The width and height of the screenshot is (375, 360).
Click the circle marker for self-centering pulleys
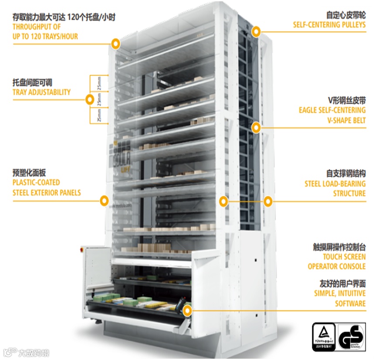click(257, 31)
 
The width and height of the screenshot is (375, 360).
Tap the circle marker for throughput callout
click(115, 43)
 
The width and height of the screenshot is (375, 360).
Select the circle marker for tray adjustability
click(90, 100)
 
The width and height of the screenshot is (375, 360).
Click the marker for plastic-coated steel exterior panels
click(104, 200)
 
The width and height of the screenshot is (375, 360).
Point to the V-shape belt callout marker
click(257, 127)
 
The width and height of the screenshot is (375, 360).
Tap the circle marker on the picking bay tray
click(187, 311)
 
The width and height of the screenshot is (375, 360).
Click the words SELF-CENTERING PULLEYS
click(329, 25)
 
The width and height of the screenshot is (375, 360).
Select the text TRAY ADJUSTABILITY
click(42, 92)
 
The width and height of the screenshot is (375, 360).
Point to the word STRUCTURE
click(349, 194)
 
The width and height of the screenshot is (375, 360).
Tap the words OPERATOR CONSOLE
click(337, 266)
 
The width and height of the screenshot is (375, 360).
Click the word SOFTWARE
click(350, 303)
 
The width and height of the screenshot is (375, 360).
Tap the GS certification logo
click(351, 336)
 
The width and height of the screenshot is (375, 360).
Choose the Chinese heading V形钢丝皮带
click(347, 100)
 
